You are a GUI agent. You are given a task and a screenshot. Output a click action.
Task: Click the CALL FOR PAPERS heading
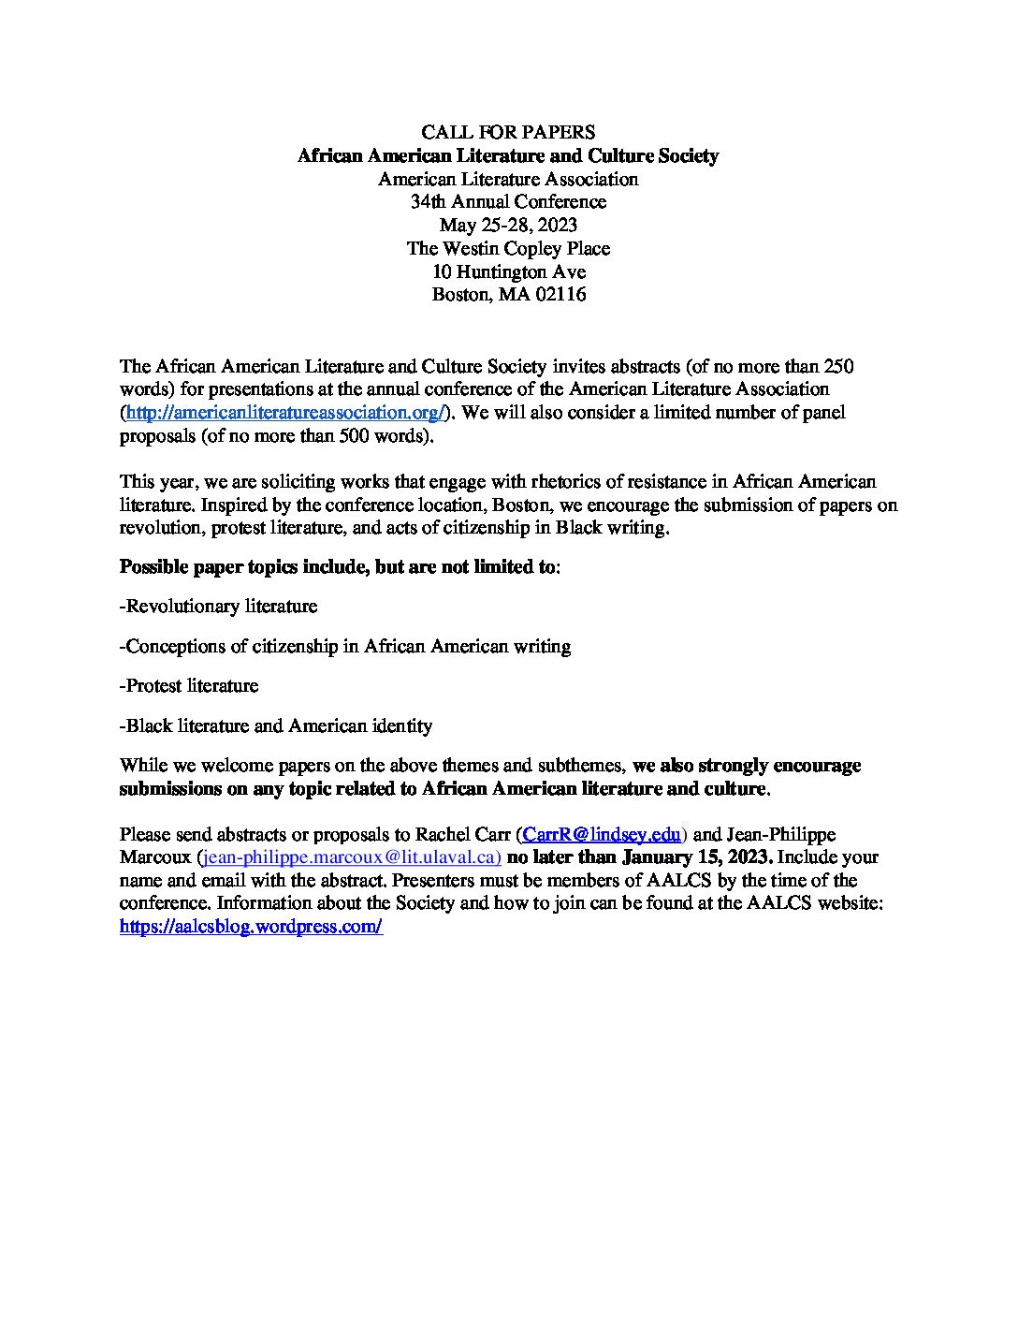click(508, 132)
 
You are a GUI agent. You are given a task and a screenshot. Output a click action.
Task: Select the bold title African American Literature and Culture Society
click(508, 155)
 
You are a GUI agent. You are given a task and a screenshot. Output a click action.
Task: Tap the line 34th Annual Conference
click(508, 201)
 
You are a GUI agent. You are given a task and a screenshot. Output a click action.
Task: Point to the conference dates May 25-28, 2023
click(508, 225)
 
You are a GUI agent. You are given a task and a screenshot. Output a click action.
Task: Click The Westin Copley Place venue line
click(508, 248)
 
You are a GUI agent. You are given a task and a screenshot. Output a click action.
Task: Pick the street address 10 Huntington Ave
click(508, 271)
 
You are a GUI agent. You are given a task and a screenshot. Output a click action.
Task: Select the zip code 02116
click(560, 295)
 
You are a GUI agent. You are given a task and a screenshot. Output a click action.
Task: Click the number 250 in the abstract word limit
click(837, 366)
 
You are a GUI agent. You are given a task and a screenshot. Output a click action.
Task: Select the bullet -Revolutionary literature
click(219, 607)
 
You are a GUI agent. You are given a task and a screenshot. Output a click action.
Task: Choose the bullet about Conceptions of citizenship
click(345, 646)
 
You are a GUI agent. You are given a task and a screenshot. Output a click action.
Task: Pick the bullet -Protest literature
click(189, 685)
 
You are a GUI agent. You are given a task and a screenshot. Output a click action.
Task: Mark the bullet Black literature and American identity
click(276, 725)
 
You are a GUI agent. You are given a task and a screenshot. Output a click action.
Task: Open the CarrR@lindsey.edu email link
click(601, 834)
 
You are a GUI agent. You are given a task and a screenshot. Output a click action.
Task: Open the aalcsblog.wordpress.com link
click(251, 927)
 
